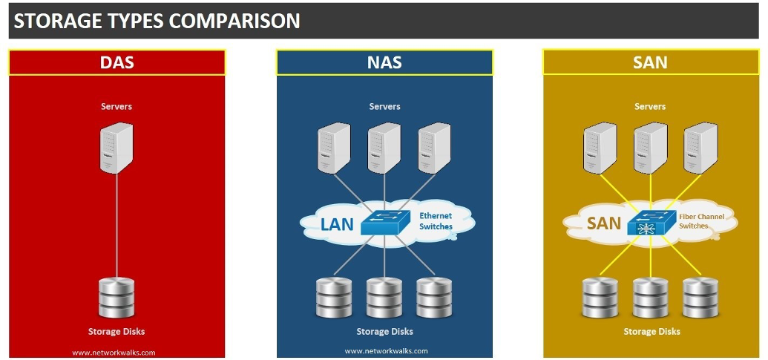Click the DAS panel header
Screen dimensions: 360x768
116,62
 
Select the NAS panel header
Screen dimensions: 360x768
384,62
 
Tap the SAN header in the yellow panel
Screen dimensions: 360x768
650,62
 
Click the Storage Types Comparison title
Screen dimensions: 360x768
157,21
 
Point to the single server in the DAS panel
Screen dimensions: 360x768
116,148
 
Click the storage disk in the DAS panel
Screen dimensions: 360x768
116,297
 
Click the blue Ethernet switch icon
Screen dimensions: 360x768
385,221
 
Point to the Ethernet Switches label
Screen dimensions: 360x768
436,221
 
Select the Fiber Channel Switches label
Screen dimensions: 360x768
701,221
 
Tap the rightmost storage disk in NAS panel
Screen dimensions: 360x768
435,298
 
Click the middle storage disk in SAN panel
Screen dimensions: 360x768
650,298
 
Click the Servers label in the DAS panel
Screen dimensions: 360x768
116,107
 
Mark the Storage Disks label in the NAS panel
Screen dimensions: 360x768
384,331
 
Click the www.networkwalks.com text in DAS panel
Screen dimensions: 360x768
114,353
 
